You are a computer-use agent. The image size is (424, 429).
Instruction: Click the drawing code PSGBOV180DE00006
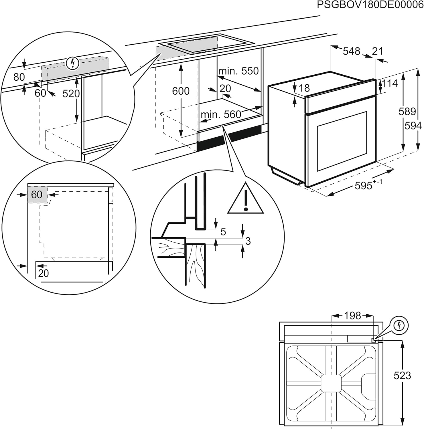pos(370,5)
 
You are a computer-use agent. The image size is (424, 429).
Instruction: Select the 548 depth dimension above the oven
pos(351,51)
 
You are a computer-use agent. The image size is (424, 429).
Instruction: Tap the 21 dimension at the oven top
pos(377,51)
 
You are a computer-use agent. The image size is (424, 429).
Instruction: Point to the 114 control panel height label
pos(390,84)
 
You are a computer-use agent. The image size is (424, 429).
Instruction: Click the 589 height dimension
pos(407,111)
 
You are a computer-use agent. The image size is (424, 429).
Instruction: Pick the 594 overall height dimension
pos(413,126)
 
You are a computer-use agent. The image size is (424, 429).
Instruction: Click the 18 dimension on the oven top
pos(304,88)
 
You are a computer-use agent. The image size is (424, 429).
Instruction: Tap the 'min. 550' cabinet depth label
pos(238,71)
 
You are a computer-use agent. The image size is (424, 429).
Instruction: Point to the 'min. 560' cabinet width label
pos(221,115)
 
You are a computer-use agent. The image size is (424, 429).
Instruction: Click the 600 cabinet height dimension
pos(181,91)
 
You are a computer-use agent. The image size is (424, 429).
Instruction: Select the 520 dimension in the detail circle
pos(71,94)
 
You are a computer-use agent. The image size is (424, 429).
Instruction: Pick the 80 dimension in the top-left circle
pos(19,77)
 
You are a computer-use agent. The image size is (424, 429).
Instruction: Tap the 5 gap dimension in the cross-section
pos(223,231)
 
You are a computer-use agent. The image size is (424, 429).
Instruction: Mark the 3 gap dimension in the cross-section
pos(248,241)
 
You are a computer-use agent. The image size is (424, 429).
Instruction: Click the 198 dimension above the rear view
pos(352,316)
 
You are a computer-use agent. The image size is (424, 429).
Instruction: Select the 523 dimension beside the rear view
pos(402,376)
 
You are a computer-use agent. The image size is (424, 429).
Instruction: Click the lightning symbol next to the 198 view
pos(399,325)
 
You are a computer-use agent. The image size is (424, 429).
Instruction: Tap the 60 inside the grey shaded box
pos(37,195)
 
